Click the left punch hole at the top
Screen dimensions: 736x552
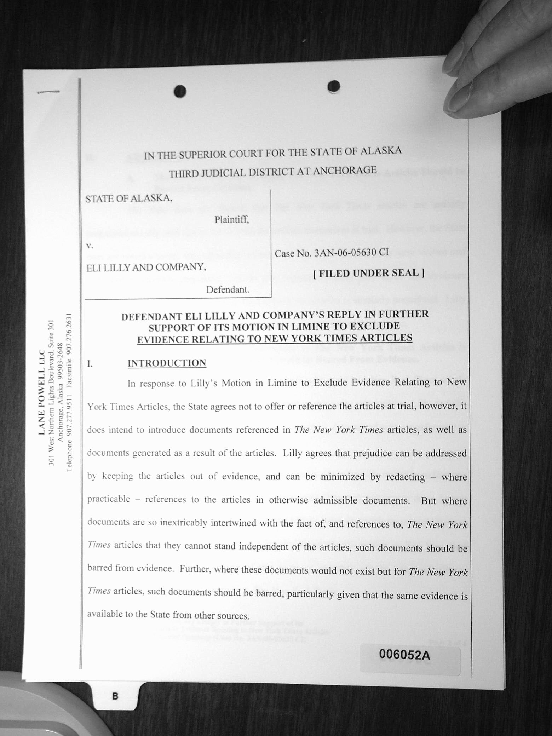pyautogui.click(x=180, y=92)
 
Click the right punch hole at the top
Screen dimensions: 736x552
pyautogui.click(x=334, y=86)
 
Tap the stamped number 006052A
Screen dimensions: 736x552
pyautogui.click(x=404, y=655)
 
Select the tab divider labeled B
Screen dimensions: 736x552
pyautogui.click(x=115, y=696)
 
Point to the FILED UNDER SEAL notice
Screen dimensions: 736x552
pyautogui.click(x=369, y=273)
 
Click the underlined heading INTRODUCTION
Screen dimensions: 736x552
pyautogui.click(x=167, y=363)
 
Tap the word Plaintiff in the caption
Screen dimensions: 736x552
pyautogui.click(x=231, y=220)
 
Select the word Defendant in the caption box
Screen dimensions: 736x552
pyautogui.click(x=228, y=290)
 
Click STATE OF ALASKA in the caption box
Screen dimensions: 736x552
pyautogui.click(x=129, y=199)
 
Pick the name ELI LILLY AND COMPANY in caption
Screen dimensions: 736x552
pyautogui.click(x=146, y=267)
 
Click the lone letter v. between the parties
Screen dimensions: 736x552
pyautogui.click(x=90, y=245)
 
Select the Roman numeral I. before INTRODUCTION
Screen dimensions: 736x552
pyautogui.click(x=90, y=364)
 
